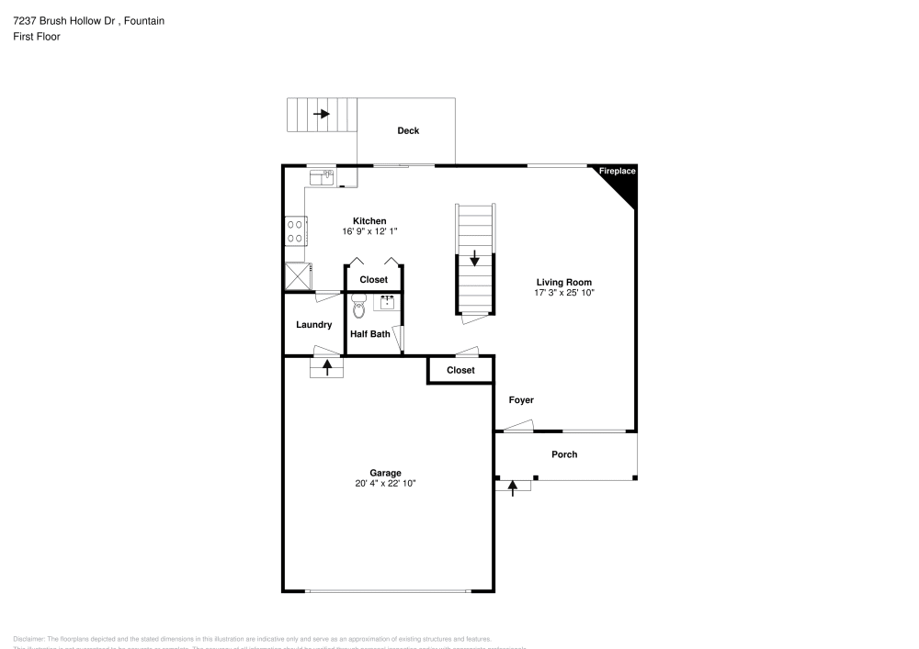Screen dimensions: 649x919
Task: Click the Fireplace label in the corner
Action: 618,171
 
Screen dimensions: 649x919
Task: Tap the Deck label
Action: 408,130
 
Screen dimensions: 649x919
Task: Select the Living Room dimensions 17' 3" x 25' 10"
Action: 564,293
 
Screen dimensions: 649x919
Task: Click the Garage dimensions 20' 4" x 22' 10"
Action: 386,483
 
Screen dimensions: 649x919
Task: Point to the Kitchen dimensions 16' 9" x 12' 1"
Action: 369,231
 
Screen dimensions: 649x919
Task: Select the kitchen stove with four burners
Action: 296,230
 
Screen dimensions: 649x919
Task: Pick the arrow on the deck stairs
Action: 322,114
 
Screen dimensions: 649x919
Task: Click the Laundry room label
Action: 313,325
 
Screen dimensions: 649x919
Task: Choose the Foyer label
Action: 521,400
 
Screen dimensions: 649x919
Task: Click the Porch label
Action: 564,454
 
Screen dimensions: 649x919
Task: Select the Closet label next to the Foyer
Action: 460,370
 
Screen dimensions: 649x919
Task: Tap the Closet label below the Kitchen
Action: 373,279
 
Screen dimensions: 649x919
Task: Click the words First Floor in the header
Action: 37,37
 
